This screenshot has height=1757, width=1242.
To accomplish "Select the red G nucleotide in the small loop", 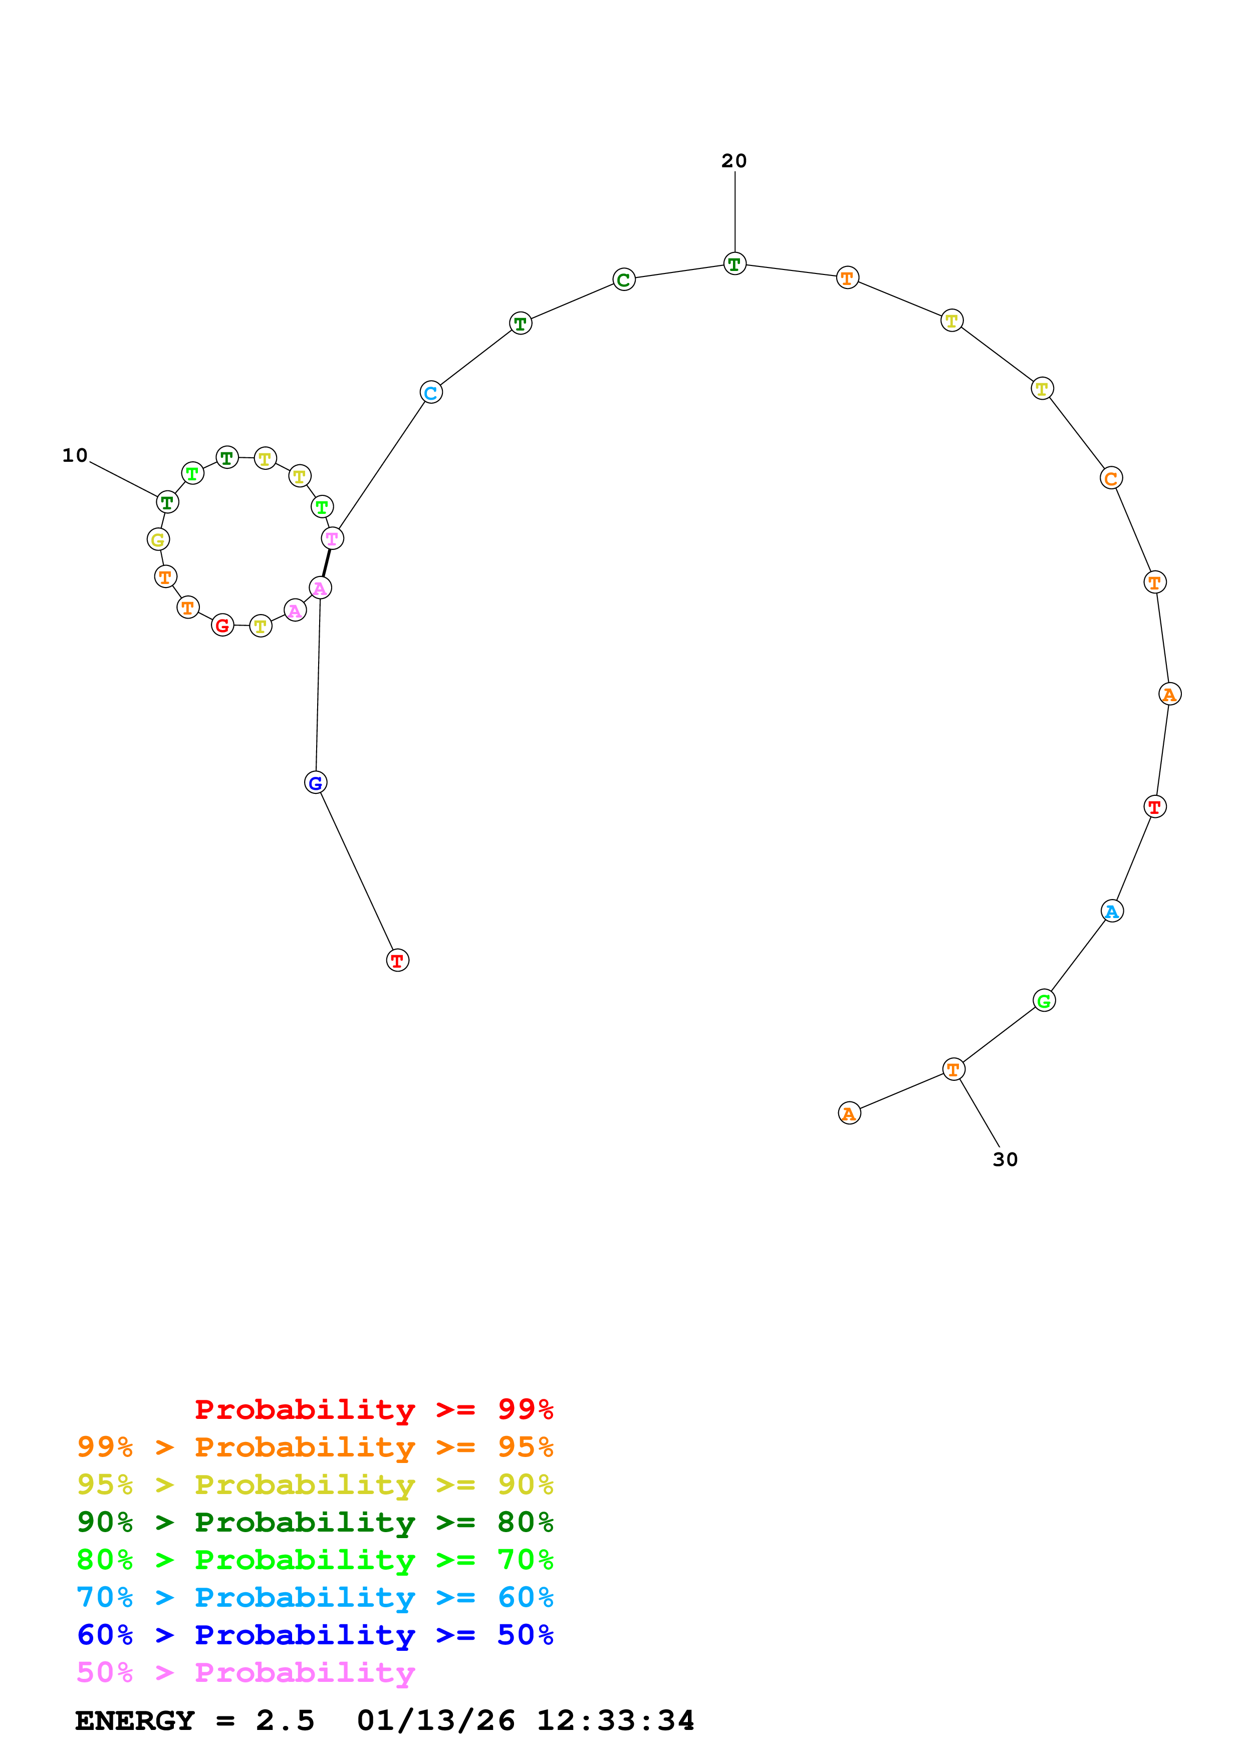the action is tap(222, 625).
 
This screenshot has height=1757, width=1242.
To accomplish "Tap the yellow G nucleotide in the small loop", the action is tap(158, 539).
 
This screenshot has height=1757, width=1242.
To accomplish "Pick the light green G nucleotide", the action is tap(1044, 1000).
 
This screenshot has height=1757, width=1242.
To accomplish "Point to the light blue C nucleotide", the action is tap(431, 393).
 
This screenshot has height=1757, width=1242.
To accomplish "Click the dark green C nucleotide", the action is tap(624, 280).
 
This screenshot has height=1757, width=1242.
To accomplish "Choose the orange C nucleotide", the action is tap(1110, 478).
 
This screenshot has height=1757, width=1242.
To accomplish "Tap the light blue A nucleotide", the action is tap(1112, 912).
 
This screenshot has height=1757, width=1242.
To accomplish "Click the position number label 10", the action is tap(75, 455).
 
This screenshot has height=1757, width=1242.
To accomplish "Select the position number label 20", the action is tap(734, 161).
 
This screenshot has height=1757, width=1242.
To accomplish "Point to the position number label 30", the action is tap(1005, 1159).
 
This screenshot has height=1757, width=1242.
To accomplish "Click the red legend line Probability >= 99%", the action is tap(373, 1409).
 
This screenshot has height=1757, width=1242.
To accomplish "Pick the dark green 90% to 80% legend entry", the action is tap(315, 1522).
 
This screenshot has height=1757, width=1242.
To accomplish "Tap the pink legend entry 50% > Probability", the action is tap(245, 1672).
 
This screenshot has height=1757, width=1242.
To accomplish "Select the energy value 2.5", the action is tap(285, 1720).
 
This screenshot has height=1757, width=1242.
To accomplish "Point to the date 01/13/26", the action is tap(435, 1720).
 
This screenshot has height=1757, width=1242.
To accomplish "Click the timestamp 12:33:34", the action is tap(615, 1720).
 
